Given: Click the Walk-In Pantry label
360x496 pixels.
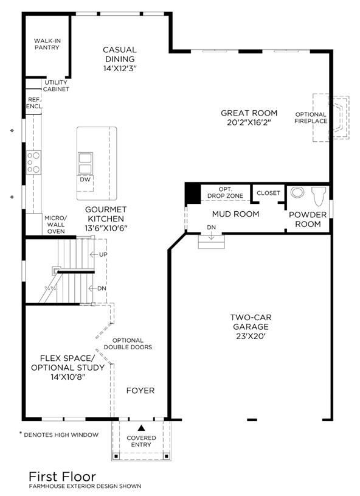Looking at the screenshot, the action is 47,44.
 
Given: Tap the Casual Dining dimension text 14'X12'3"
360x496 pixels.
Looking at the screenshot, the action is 120,68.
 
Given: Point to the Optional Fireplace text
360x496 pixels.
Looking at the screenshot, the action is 311,117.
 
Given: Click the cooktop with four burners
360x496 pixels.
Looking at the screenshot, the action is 33,162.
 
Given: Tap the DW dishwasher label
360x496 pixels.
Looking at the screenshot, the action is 85,180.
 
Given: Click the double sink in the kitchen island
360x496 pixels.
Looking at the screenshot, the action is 85,163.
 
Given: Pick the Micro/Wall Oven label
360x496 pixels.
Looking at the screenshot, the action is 56,225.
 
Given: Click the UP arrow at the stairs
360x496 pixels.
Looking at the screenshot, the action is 94,254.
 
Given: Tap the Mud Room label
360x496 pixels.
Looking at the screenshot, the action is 235,214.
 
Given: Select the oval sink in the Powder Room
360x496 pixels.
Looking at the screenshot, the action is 297,192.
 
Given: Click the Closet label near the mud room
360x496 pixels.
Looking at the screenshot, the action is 268,193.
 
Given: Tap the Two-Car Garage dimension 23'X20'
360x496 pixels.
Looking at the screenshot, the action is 251,336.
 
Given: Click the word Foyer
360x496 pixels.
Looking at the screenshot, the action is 140,391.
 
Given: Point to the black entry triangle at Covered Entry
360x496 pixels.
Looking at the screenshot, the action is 141,428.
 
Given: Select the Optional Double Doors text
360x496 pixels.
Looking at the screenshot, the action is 128,343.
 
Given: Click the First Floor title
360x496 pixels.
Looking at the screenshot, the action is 62,477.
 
